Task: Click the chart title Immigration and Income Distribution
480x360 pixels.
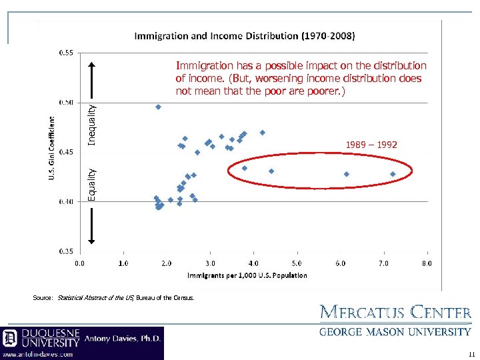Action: pos(245,35)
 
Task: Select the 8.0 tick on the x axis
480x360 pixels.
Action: pos(427,263)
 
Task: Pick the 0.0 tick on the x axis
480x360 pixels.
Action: pos(79,263)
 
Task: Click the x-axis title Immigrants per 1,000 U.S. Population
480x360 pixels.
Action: pos(247,275)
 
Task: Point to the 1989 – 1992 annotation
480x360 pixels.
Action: pos(371,144)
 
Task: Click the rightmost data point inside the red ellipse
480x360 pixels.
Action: pos(393,174)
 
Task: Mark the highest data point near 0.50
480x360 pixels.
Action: pos(158,107)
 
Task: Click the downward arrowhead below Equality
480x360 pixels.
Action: pos(93,241)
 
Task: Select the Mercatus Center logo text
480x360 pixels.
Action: pos(395,313)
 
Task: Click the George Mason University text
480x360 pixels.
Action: pos(395,331)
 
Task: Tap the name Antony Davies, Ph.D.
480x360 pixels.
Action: pos(123,338)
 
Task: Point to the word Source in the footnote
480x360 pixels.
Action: pos(43,298)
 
